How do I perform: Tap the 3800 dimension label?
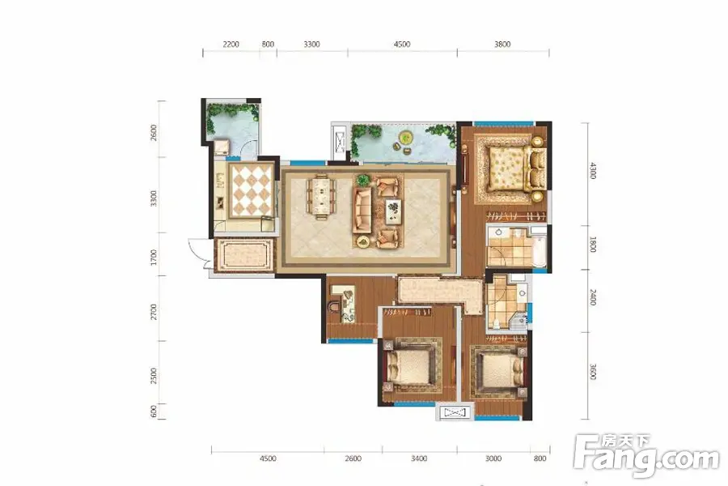pyautogui.click(x=502, y=45)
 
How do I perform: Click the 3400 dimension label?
pyautogui.click(x=419, y=459)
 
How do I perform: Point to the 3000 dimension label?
pyautogui.click(x=494, y=459)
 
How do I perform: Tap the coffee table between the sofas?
pyautogui.click(x=393, y=210)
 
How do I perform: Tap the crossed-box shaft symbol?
pyautogui.click(x=454, y=413)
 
